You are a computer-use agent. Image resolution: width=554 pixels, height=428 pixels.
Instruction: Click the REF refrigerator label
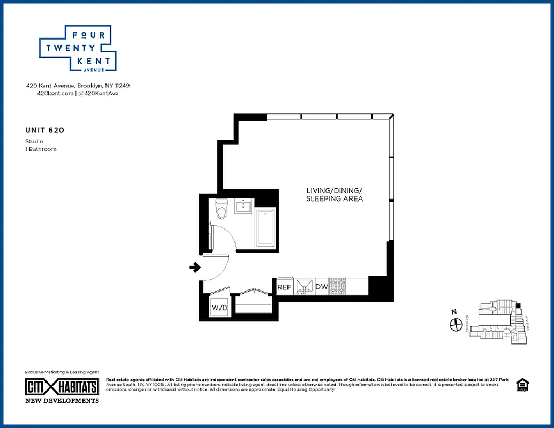(x=284, y=287)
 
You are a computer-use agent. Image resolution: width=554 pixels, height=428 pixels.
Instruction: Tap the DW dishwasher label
(x=321, y=287)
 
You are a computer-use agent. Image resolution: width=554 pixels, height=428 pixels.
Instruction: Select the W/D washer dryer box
(x=219, y=308)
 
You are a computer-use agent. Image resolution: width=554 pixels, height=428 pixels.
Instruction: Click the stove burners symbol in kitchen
(x=338, y=287)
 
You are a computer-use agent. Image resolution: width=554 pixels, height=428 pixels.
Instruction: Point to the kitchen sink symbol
(x=305, y=287)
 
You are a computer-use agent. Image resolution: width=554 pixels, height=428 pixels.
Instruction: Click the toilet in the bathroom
(x=221, y=209)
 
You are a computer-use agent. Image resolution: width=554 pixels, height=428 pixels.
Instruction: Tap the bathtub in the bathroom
(x=265, y=228)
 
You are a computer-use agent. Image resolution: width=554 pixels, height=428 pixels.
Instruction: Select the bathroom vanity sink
(x=245, y=205)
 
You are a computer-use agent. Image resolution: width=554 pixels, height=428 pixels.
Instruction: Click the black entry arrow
(x=195, y=267)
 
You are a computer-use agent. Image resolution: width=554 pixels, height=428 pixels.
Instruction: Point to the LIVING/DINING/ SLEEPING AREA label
(x=335, y=195)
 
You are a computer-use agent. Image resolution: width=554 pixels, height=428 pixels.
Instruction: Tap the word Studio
(x=34, y=141)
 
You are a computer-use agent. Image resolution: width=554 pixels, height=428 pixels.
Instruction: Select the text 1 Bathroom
(x=41, y=149)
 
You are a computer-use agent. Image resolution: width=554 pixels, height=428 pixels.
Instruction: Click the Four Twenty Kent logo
(x=78, y=48)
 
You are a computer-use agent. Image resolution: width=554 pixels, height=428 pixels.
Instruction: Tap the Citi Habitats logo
(x=62, y=387)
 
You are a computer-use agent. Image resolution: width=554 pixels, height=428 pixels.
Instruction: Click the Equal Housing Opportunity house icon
(x=521, y=385)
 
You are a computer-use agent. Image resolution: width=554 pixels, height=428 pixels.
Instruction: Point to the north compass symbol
(x=456, y=324)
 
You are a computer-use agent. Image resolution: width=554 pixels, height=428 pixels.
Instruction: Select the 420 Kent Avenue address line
(x=78, y=86)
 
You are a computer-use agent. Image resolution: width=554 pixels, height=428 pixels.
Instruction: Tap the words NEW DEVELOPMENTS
(x=62, y=401)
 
